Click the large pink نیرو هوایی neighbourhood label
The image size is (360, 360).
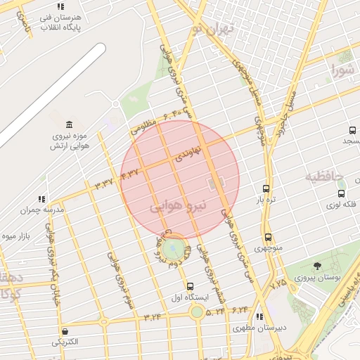[x=179, y=207]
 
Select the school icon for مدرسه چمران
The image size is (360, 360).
[x=42, y=199]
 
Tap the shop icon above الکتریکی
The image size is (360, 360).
[x=65, y=331]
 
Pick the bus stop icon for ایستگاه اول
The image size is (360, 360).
[x=190, y=286]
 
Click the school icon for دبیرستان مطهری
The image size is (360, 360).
[x=260, y=318]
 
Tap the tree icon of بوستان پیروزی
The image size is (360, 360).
[x=318, y=266]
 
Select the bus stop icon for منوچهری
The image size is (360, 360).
[x=268, y=238]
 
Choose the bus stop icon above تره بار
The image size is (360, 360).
[x=266, y=188]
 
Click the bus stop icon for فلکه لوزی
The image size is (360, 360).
[x=341, y=194]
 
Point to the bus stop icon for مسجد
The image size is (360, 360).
[x=352, y=130]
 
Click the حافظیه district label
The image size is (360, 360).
[x=323, y=176]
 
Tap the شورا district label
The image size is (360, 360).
[x=344, y=71]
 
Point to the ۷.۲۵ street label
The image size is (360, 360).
[x=278, y=283]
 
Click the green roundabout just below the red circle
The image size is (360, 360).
[x=172, y=249]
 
